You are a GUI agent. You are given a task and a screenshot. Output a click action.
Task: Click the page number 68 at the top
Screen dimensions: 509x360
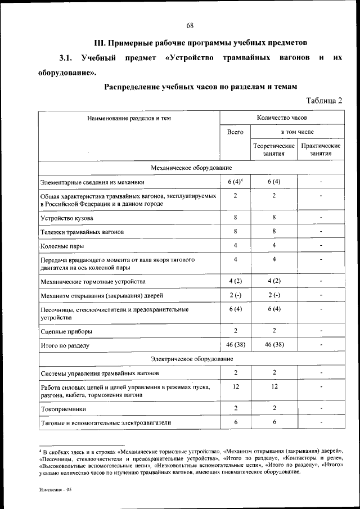tap(190, 25)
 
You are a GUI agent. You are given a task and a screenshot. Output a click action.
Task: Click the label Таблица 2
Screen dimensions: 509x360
tap(324, 101)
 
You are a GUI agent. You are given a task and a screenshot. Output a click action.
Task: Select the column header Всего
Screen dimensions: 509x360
tap(235, 132)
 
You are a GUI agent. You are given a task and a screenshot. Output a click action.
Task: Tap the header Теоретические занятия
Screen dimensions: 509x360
tap(274, 150)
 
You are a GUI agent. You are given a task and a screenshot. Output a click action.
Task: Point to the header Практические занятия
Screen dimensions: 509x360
tap(321, 150)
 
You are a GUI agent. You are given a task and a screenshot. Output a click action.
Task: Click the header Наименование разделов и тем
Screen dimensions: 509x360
tap(129, 118)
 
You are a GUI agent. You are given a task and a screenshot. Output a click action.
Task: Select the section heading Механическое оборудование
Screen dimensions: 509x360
tap(191, 168)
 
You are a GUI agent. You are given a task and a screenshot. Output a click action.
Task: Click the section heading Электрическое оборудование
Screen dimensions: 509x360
tap(191, 358)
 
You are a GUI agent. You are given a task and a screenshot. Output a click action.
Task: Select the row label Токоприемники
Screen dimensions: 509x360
tap(63, 409)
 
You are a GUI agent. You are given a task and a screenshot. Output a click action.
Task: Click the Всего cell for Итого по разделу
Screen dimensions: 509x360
tap(235, 345)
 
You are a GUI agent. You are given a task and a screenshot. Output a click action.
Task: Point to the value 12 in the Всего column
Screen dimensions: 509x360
tap(235, 387)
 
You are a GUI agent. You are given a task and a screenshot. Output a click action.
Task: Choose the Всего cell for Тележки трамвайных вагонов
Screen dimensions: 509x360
tap(235, 231)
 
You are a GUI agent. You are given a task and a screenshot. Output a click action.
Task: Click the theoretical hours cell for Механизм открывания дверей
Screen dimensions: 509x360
tap(274, 295)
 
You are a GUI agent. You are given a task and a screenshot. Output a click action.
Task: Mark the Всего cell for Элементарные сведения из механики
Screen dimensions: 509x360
tap(235, 182)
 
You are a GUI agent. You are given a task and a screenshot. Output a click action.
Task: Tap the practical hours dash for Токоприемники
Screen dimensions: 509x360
tap(321, 408)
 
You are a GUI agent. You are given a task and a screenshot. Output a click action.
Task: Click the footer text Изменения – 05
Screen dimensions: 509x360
tap(56, 490)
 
